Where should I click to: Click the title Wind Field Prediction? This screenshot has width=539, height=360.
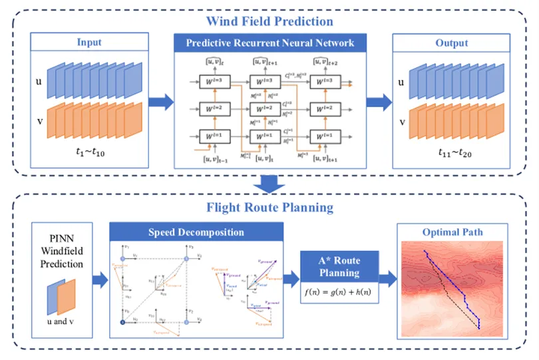click(269, 21)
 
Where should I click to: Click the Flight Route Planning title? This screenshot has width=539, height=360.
click(269, 208)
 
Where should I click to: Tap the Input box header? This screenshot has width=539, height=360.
click(89, 43)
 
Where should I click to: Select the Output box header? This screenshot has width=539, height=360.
click(452, 43)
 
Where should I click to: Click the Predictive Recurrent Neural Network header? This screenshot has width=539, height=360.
click(269, 43)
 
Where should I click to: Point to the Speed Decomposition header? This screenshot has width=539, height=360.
click(197, 232)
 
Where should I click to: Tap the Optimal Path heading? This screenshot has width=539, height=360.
click(453, 232)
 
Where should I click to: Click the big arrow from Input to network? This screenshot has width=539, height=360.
click(159, 103)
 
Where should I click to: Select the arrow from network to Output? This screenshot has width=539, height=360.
click(379, 103)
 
